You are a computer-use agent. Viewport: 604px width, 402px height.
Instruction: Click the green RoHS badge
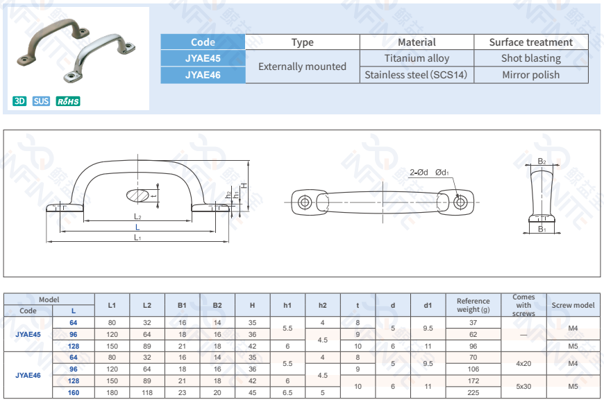click(x=68, y=101)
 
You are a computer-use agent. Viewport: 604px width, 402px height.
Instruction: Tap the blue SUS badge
click(x=41, y=101)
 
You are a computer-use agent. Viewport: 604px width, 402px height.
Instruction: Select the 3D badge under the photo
click(x=19, y=101)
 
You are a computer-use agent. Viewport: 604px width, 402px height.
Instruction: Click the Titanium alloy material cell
click(x=417, y=58)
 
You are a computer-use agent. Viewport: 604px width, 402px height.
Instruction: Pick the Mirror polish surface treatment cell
click(x=531, y=75)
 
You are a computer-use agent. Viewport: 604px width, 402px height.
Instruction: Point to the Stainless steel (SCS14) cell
click(x=416, y=75)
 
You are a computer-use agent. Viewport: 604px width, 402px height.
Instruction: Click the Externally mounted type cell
click(x=303, y=67)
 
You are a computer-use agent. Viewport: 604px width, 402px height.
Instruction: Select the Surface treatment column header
click(x=531, y=42)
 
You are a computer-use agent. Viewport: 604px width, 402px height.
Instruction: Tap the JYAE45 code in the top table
click(x=203, y=58)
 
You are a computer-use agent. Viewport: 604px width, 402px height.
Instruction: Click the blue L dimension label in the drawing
click(x=137, y=227)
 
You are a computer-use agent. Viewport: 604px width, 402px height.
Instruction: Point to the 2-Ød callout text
click(x=419, y=173)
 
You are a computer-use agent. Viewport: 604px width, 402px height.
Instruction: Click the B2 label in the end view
click(x=542, y=161)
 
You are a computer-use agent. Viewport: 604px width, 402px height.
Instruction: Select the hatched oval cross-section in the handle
click(x=137, y=195)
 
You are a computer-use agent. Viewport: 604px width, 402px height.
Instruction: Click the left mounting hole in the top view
click(x=305, y=202)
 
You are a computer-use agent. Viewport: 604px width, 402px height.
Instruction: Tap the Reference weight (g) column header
click(x=473, y=305)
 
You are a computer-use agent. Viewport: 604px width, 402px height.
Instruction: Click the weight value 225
click(x=473, y=393)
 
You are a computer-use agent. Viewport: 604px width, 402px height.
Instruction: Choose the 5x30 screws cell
click(x=523, y=387)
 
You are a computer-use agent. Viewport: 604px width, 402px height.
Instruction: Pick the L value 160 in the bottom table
click(x=73, y=393)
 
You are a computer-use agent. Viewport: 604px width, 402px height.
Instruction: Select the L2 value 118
click(x=146, y=393)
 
